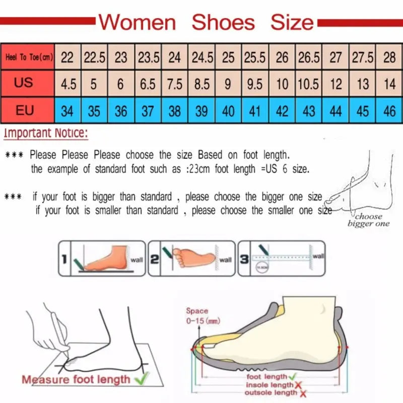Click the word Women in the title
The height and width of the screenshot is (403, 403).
(137, 22)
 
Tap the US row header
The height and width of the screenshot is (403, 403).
(24, 82)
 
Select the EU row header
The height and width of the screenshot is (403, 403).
(24, 109)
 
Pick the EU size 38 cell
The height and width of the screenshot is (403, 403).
(174, 110)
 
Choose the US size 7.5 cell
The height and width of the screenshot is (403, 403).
(174, 84)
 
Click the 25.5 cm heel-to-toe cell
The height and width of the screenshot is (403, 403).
(255, 57)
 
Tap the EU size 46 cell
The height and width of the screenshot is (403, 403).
(389, 110)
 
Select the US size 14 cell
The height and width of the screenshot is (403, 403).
(389, 84)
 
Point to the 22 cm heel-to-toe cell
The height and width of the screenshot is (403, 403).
(67, 57)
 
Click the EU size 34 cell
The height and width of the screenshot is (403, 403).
(67, 110)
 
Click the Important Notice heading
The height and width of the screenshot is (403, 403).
(46, 133)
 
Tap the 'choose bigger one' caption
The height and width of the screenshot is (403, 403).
(369, 220)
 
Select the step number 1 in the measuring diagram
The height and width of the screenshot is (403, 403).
(64, 259)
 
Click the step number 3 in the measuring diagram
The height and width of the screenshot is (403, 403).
(243, 259)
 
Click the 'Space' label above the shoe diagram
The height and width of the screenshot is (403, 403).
(196, 311)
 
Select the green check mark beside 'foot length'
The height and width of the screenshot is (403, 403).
(292, 376)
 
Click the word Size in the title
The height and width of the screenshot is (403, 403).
(292, 22)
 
